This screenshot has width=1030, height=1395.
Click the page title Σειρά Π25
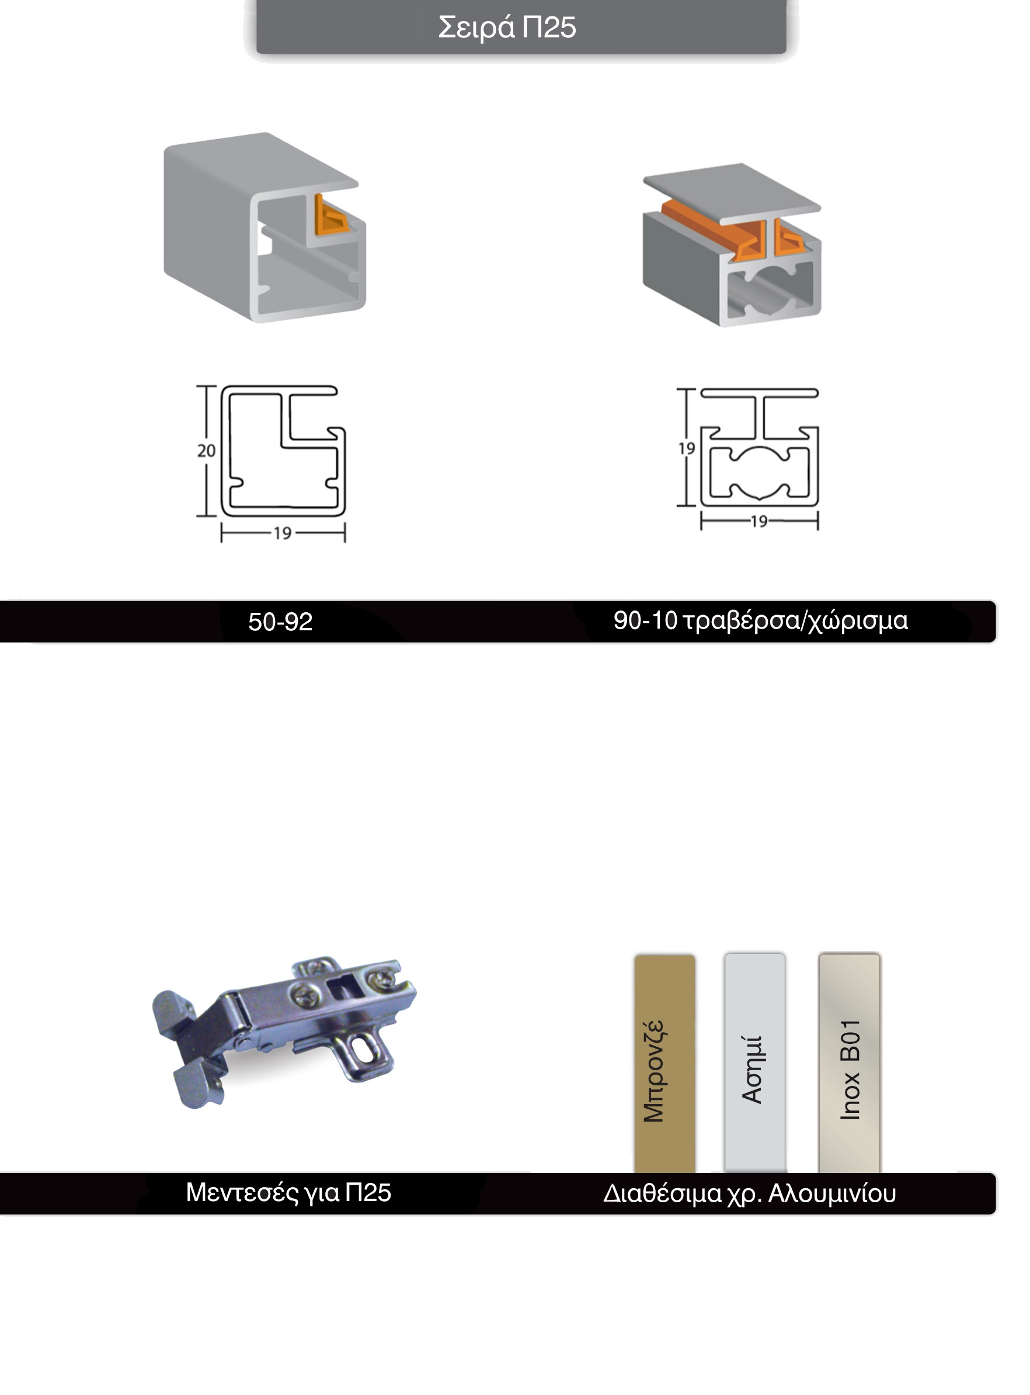[507, 27]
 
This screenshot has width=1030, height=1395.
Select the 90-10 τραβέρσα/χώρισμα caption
[760, 620]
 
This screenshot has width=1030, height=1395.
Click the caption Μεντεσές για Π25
[288, 1192]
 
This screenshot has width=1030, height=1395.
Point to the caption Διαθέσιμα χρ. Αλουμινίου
[749, 1193]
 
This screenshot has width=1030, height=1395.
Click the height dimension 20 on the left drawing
[206, 450]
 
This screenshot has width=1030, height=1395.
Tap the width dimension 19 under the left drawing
[283, 533]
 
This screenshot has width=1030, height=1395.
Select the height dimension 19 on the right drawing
[687, 449]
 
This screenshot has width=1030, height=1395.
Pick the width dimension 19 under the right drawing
[759, 521]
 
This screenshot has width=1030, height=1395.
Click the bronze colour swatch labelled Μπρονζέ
[664, 1063]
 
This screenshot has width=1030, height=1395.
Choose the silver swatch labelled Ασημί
[754, 1063]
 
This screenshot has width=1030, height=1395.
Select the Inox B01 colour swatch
[849, 1063]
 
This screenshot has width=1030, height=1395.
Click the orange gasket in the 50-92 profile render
[329, 216]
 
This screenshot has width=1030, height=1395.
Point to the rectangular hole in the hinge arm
[340, 987]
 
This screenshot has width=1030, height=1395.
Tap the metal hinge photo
[284, 1032]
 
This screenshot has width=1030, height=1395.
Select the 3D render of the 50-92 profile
[265, 228]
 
